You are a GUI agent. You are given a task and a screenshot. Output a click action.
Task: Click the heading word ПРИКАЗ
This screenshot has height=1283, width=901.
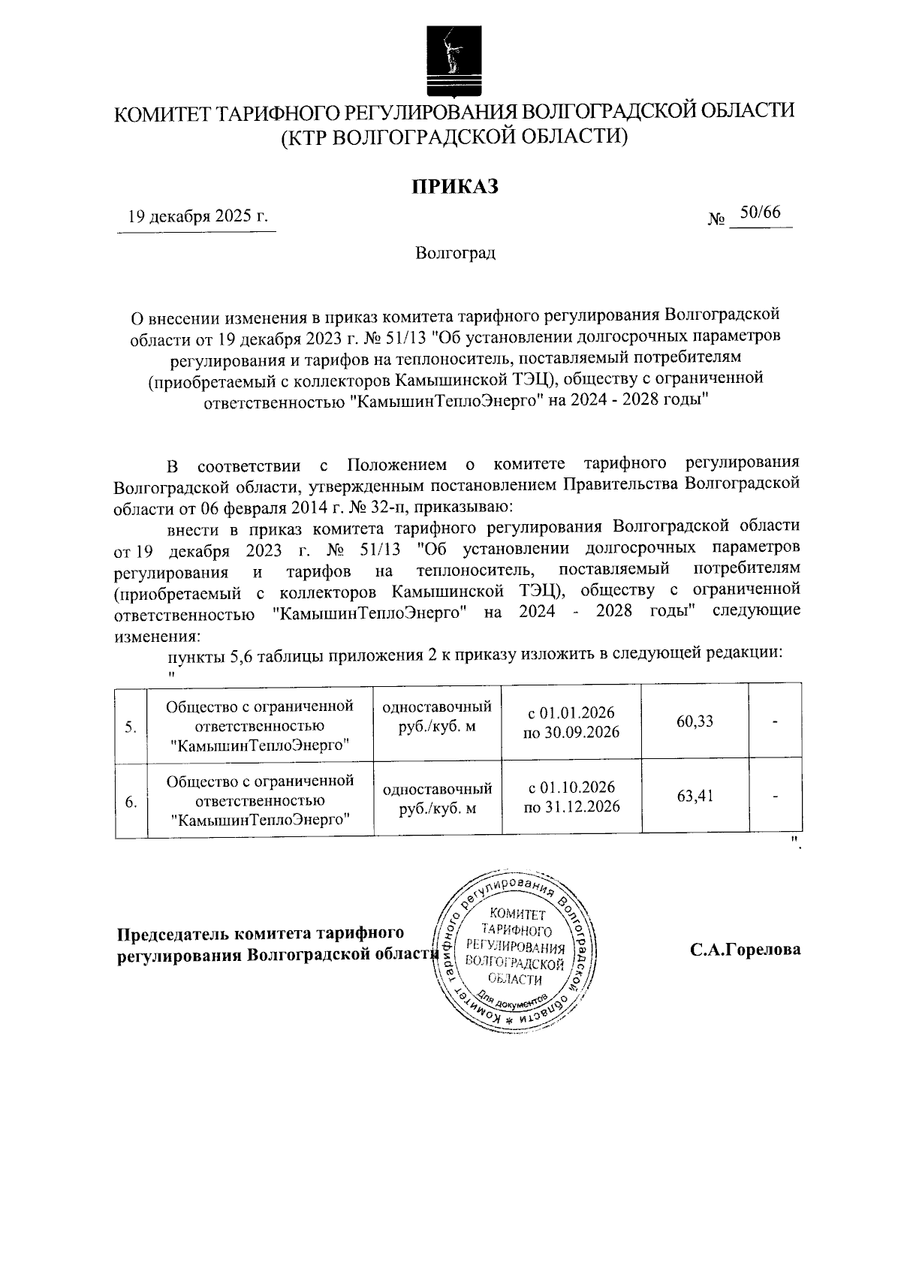click(454, 186)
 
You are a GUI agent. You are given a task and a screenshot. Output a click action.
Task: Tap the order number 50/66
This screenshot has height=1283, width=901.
click(760, 213)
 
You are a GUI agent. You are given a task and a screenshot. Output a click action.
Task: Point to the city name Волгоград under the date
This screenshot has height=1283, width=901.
click(455, 253)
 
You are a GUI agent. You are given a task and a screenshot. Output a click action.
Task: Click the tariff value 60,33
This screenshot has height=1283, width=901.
click(695, 721)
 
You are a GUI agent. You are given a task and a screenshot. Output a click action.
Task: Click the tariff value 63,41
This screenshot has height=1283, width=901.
click(695, 796)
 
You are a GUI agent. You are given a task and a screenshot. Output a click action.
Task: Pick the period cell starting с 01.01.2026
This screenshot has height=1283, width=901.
click(571, 721)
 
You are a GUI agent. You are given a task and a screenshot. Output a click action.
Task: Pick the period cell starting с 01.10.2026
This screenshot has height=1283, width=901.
click(571, 797)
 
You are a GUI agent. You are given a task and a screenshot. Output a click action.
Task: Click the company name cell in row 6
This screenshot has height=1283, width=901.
click(260, 800)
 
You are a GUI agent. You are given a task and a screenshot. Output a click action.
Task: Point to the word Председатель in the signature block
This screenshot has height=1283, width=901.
click(171, 934)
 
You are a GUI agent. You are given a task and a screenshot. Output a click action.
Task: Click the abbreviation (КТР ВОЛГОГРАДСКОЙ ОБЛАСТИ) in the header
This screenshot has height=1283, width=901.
click(454, 137)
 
